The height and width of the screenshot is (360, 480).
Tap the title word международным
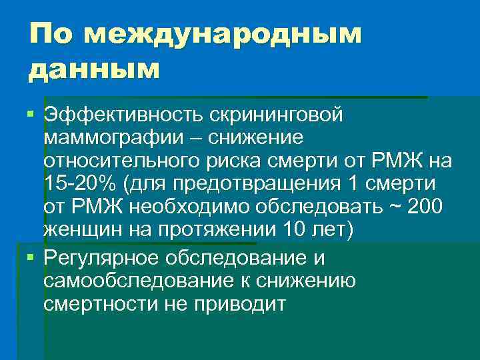coord(223,35)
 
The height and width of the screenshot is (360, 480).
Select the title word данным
coord(94,69)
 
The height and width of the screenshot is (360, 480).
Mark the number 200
coord(423,207)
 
